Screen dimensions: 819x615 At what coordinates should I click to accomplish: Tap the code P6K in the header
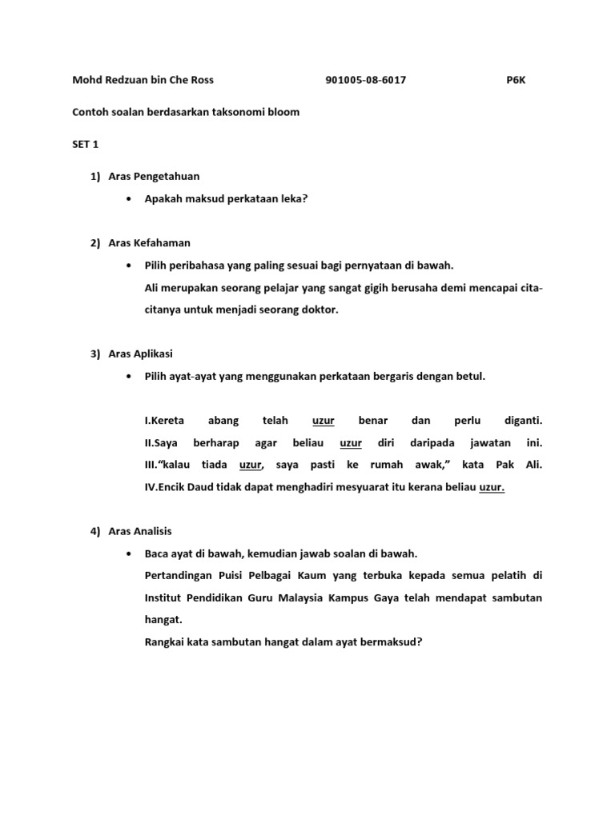click(516, 80)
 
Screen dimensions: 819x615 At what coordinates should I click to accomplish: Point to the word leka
click(292, 199)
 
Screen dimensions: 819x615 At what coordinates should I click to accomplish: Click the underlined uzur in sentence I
click(323, 420)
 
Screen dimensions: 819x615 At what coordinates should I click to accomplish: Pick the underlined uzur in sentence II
click(351, 442)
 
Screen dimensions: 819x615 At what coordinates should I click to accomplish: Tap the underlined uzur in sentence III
click(251, 465)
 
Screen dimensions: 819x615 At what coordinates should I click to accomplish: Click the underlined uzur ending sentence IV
click(492, 487)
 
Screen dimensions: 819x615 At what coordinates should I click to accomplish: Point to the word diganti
click(523, 420)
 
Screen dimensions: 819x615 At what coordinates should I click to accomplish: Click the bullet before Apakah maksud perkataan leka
click(128, 199)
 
